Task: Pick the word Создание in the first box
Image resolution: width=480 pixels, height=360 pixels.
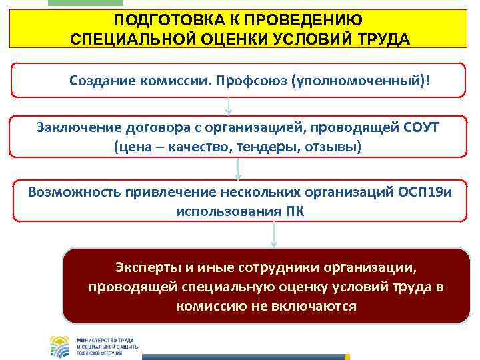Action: point(101,81)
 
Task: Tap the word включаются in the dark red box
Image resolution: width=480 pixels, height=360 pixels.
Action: point(313,306)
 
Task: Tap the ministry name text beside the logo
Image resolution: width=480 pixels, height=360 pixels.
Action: point(107,345)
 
